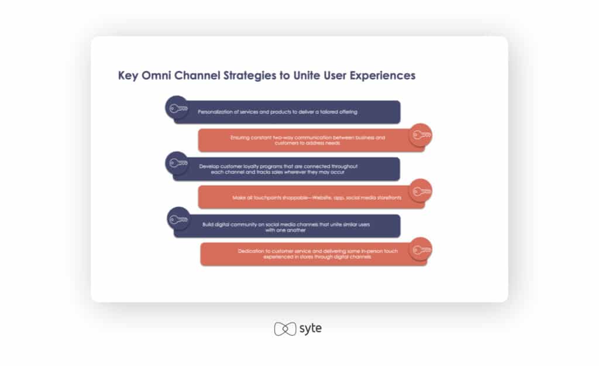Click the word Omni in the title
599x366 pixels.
[156, 76]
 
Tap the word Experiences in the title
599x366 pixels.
[383, 76]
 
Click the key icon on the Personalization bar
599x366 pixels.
[178, 108]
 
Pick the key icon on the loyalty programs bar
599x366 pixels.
[178, 163]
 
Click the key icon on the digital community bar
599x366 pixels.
[178, 220]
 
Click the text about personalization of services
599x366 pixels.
[278, 112]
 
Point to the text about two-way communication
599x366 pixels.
[308, 141]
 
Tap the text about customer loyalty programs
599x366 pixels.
[278, 169]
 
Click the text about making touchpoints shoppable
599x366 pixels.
[316, 198]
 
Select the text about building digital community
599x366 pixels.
[286, 227]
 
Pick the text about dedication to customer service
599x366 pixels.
[318, 254]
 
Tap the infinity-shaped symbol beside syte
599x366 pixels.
[285, 329]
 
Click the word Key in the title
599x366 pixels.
[128, 76]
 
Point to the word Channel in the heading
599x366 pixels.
[197, 76]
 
